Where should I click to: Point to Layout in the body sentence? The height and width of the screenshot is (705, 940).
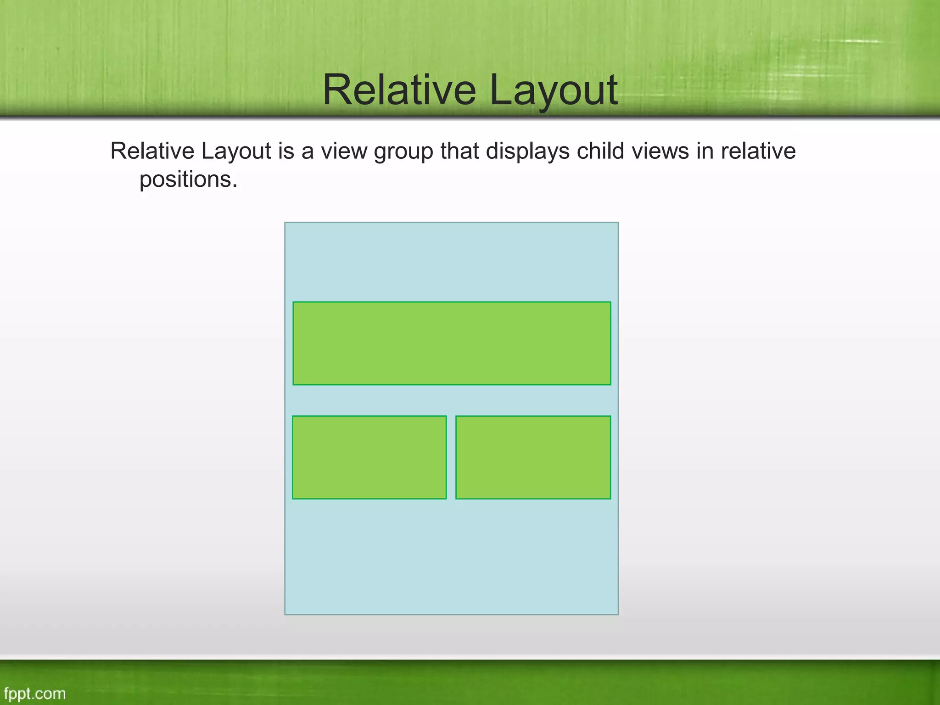236,152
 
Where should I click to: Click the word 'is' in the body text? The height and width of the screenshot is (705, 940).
286,151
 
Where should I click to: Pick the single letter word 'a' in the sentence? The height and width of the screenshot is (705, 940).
307,152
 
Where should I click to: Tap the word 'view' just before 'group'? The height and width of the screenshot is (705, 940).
343,152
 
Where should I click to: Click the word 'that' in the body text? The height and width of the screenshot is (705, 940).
459,151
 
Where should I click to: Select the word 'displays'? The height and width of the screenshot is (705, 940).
527,152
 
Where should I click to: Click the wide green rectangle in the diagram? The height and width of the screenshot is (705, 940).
452,343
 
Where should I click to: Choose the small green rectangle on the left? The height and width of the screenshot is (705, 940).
369,457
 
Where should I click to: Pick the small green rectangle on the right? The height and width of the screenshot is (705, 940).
533,457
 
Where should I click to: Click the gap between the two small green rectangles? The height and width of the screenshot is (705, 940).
451,457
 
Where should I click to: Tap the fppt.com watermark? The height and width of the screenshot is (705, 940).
35,694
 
